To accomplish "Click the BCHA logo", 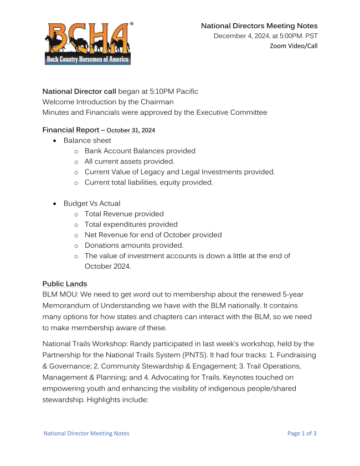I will coord(88,43).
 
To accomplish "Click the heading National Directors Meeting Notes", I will coord(259,26).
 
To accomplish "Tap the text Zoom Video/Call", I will coord(294,46).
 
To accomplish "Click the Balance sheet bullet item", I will coord(87,141).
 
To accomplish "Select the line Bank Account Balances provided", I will coord(140,151).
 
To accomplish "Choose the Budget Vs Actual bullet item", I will coord(91,203).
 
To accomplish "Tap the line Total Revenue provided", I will coord(124,214).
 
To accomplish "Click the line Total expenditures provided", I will coord(131,224).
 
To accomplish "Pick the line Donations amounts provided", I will coord(133,245).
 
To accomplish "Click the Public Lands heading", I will coord(65,284).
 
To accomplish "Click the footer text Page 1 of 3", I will coord(302,433).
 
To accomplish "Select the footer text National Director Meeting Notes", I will coord(86,433).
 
